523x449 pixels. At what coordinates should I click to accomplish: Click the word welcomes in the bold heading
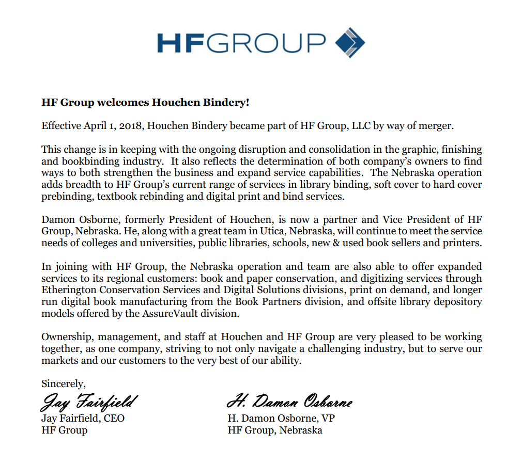click(x=122, y=102)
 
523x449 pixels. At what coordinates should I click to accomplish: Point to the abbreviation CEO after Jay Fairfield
click(x=114, y=418)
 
